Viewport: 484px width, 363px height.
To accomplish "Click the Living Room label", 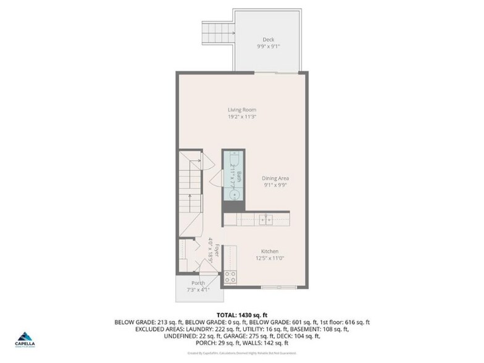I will tap(241, 110).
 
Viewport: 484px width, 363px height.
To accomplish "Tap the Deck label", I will tap(269, 40).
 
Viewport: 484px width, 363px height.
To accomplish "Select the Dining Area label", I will tap(276, 178).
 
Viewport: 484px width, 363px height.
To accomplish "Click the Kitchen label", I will tap(269, 251).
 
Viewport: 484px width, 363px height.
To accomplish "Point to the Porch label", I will tap(198, 283).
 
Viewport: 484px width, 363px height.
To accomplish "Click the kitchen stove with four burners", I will tap(230, 277).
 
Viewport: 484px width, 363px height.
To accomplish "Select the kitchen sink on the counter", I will tap(269, 218).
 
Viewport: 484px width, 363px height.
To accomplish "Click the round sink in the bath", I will tap(235, 194).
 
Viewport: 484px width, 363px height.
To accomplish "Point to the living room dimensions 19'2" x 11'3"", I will tap(241, 117).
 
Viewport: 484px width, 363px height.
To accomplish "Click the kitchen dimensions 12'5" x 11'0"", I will tap(269, 259).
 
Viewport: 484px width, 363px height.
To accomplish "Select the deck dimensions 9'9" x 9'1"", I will tap(269, 46).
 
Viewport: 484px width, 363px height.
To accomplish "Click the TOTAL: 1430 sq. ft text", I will tap(241, 314).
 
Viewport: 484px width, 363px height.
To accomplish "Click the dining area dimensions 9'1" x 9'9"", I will tap(276, 185).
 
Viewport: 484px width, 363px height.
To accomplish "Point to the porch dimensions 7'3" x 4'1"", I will tap(198, 290).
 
